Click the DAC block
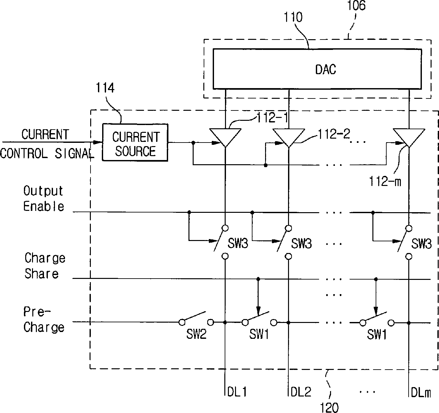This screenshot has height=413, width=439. pos(317,69)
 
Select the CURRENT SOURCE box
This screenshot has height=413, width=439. pos(135,143)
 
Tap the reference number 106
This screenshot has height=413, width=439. pos(356,6)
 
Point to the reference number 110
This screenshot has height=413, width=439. pos(293,17)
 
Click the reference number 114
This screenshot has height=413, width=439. pos(105,88)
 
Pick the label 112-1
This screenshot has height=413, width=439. pos(272,118)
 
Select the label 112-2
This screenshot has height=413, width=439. pos(334,134)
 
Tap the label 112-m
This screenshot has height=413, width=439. pos(385,181)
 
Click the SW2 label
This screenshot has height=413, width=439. pos(196,334)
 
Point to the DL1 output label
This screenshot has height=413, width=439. pos(237,392)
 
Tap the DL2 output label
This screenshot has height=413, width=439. pos(301,392)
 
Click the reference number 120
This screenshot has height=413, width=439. pos(329,407)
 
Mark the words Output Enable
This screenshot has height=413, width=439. pos(44,199)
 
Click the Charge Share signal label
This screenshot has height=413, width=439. pos(45,265)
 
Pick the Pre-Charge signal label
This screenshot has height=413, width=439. pos(44,320)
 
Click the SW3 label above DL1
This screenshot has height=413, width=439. pos(238,243)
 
